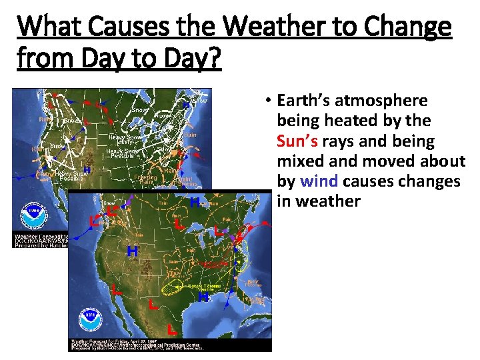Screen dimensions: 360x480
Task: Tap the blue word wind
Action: point(319,181)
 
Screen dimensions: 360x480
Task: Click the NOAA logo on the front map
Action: point(90,321)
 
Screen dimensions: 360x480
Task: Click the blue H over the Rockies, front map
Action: point(132,251)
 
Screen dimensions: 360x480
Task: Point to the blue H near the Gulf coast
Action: point(203,296)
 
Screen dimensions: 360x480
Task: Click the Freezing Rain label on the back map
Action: point(145,179)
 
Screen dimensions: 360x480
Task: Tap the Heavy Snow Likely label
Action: point(121,139)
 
